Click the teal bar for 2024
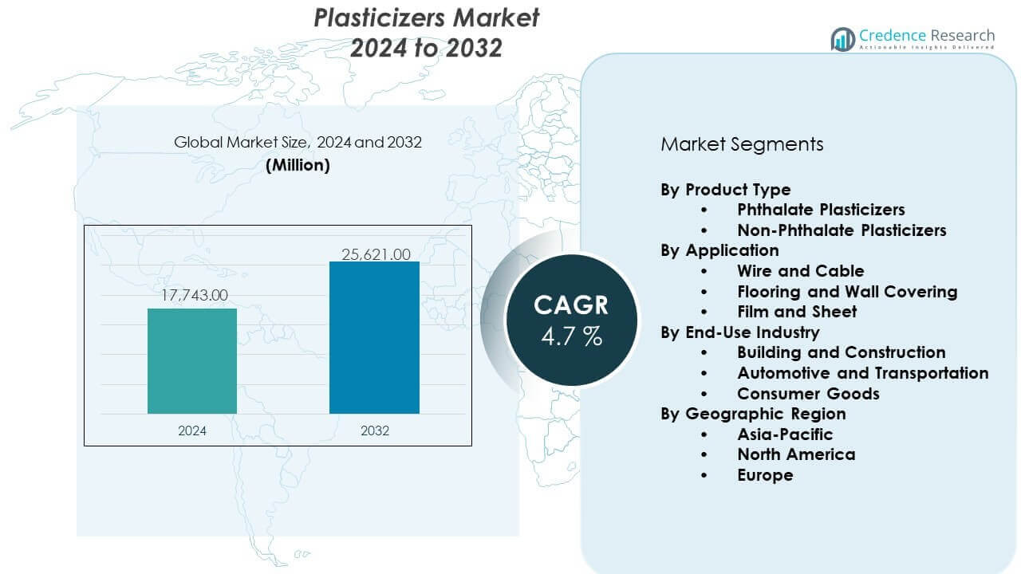pyautogui.click(x=192, y=360)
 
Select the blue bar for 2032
pyautogui.click(x=374, y=337)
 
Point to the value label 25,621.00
pyautogui.click(x=375, y=255)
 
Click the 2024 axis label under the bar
pyautogui.click(x=192, y=431)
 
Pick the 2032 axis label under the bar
pyautogui.click(x=374, y=431)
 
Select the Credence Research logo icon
pyautogui.click(x=842, y=39)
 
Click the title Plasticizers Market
pyautogui.click(x=427, y=18)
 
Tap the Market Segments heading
pyautogui.click(x=742, y=144)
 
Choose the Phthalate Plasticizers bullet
pyautogui.click(x=821, y=210)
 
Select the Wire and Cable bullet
pyautogui.click(x=800, y=271)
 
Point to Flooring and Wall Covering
pyautogui.click(x=847, y=292)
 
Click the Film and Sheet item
pyautogui.click(x=797, y=312)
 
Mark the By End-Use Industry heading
pyautogui.click(x=739, y=332)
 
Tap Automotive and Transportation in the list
pyautogui.click(x=862, y=373)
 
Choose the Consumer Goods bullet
pyautogui.click(x=808, y=394)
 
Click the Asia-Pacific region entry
pyautogui.click(x=785, y=434)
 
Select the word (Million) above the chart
pyautogui.click(x=298, y=165)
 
